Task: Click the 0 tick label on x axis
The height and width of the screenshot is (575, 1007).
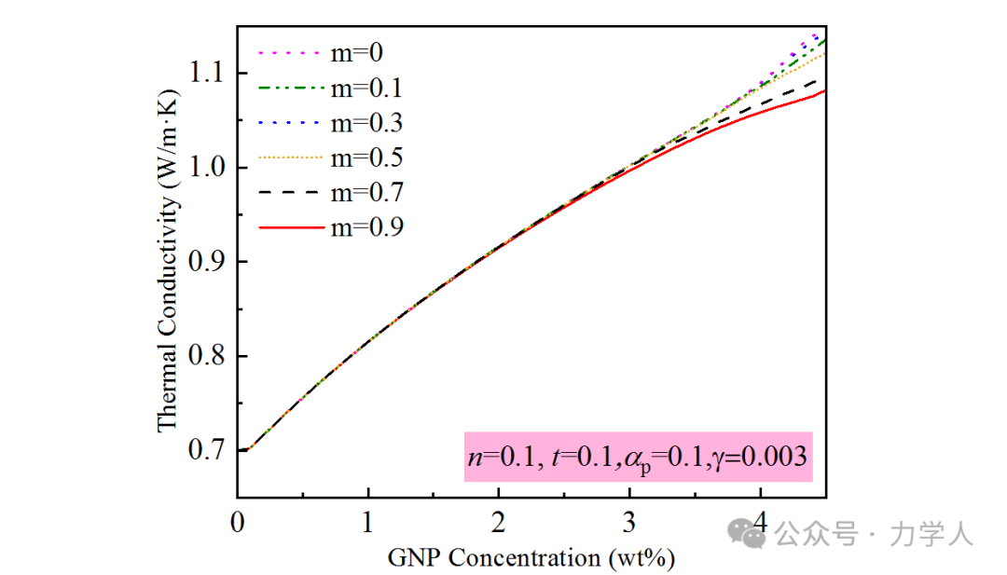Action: pos(238,518)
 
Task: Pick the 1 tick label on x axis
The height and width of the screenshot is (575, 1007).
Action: pos(368,518)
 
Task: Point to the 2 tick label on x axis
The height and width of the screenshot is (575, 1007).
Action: pos(499,518)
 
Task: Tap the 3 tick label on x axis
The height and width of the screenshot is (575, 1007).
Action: pos(629,518)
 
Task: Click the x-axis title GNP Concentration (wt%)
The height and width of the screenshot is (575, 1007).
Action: pos(531,557)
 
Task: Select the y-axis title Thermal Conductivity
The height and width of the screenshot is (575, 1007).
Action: pos(168,261)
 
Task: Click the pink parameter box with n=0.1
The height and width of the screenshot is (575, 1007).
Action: pos(639,457)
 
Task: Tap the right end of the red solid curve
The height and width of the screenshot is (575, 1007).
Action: pos(825,90)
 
